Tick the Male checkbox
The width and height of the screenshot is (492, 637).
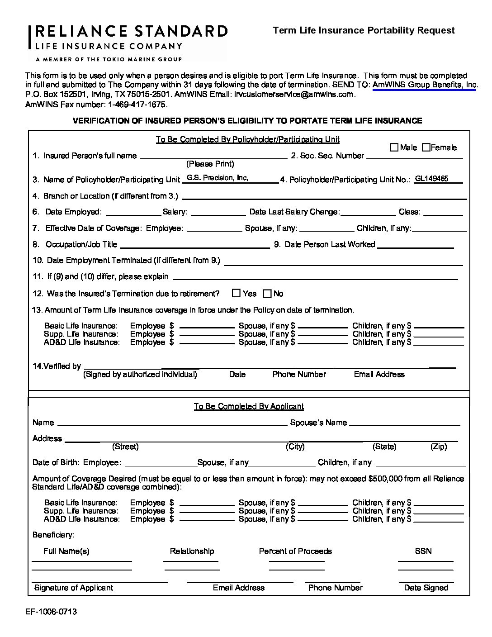tap(394, 147)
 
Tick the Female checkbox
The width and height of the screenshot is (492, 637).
tap(426, 147)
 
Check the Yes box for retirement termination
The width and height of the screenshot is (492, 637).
tap(236, 293)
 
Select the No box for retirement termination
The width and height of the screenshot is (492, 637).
tap(267, 294)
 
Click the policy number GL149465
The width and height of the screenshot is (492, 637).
tap(431, 179)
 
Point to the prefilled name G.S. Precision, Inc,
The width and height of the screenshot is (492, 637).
tap(218, 178)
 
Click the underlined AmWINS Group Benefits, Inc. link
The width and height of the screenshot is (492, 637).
tap(425, 85)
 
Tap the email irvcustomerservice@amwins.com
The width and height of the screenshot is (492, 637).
tap(294, 94)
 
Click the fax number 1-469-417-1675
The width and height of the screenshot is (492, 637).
tap(137, 104)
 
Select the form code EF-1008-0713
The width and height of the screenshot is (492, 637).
tap(51, 612)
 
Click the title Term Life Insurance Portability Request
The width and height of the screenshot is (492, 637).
tap(364, 30)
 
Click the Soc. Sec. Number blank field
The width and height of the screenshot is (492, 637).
tap(415, 156)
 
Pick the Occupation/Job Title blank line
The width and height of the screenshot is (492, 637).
tap(195, 245)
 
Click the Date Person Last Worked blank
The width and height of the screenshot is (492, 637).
tap(415, 245)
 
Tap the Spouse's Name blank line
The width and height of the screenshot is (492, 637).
tap(405, 423)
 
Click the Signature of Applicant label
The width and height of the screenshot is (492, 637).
tap(74, 588)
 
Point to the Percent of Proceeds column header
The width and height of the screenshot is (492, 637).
tap(295, 551)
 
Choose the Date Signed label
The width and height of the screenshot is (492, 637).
tap(426, 588)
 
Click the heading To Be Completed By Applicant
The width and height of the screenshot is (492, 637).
tap(249, 406)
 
